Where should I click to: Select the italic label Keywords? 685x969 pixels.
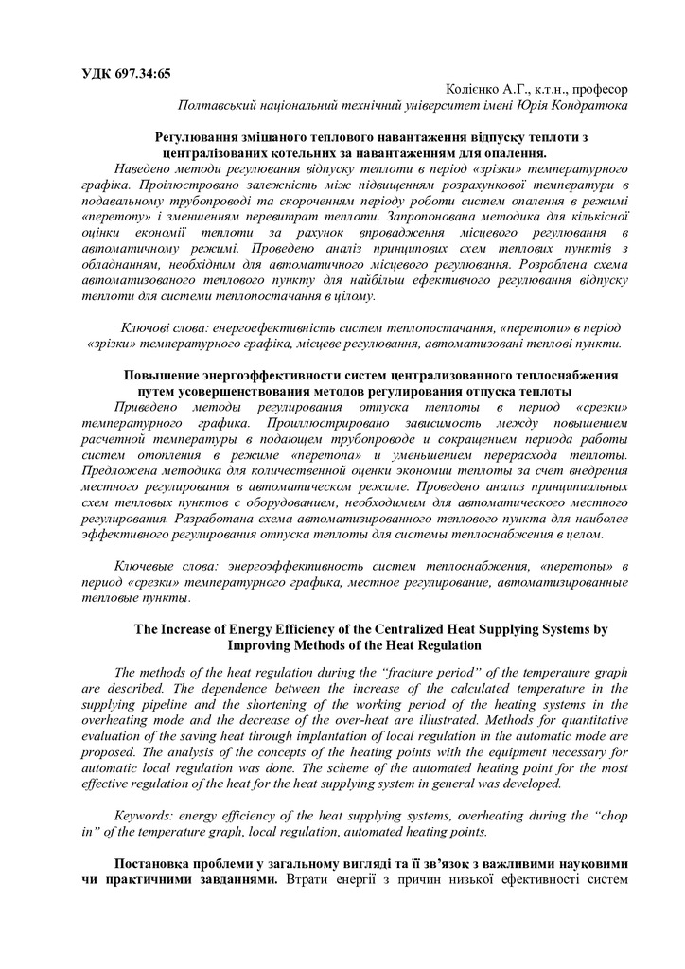[147, 815]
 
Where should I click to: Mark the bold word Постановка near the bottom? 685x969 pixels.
[157, 864]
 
